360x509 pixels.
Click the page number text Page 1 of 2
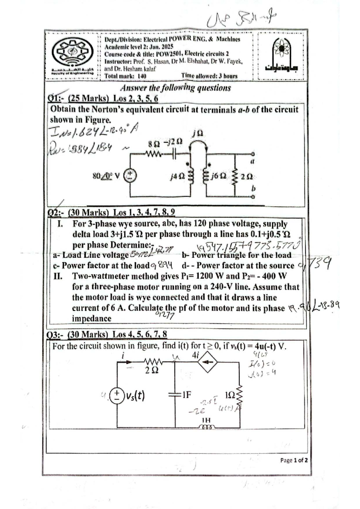point(294,460)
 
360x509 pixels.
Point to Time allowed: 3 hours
point(209,76)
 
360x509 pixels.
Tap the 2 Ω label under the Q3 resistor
point(151,371)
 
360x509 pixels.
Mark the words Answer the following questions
point(175,88)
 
